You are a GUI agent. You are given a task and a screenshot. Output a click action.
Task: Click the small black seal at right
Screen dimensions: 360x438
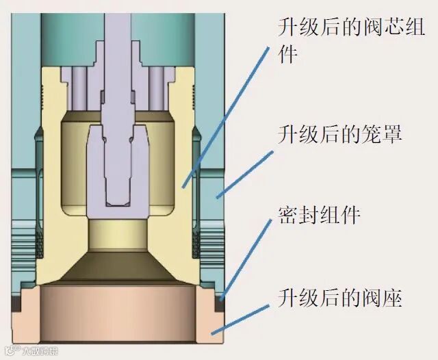220,299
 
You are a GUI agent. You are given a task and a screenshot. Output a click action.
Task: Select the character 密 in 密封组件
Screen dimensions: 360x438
287,216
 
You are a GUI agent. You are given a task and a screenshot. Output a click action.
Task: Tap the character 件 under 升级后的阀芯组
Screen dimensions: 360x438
287,54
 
